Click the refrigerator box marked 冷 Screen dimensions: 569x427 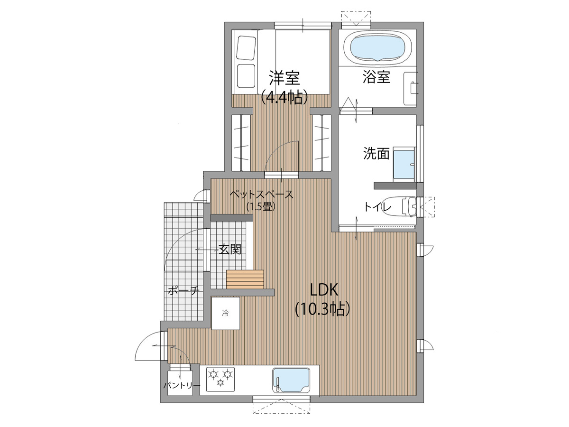point(226,313)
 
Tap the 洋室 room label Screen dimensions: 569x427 point(284,78)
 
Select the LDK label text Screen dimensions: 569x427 point(324,290)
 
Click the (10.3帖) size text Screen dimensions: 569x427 point(323,309)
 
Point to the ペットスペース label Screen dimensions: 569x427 point(262,194)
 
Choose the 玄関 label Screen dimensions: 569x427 point(230,250)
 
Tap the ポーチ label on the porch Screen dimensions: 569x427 point(184,290)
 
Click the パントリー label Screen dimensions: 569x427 point(182,386)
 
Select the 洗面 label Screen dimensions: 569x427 point(376,154)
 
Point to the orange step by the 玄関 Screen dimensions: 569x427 point(245,279)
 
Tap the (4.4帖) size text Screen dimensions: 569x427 point(284,96)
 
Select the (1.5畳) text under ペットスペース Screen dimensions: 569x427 point(261,207)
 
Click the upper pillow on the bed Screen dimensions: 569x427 point(246,48)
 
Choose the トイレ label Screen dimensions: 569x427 point(378,207)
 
